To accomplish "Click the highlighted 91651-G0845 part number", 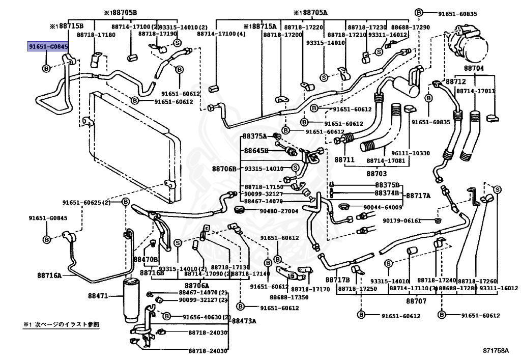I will (48, 47).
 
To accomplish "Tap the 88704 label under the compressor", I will (473, 68).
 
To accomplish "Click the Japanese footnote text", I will (62, 324).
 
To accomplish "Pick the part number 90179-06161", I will (402, 220).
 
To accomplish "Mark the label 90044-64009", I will (383, 207).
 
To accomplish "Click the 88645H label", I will (255, 150).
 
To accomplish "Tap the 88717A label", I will (418, 196).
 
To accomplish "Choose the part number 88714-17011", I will (475, 91).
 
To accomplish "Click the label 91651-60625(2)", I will (86, 203).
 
